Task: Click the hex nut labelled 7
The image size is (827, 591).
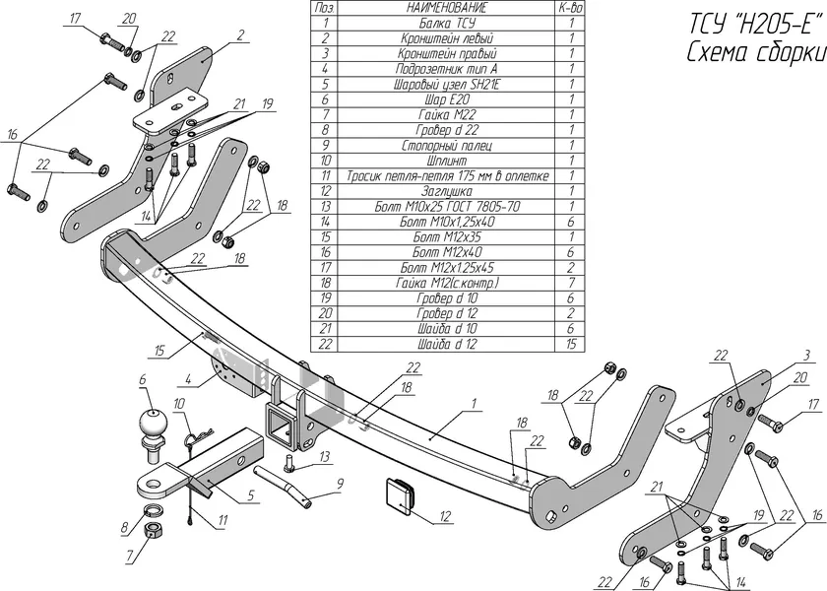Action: click(154, 532)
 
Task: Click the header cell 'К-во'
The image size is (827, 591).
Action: click(569, 7)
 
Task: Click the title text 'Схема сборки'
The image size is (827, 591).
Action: click(754, 53)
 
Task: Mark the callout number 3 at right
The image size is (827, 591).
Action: click(806, 354)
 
